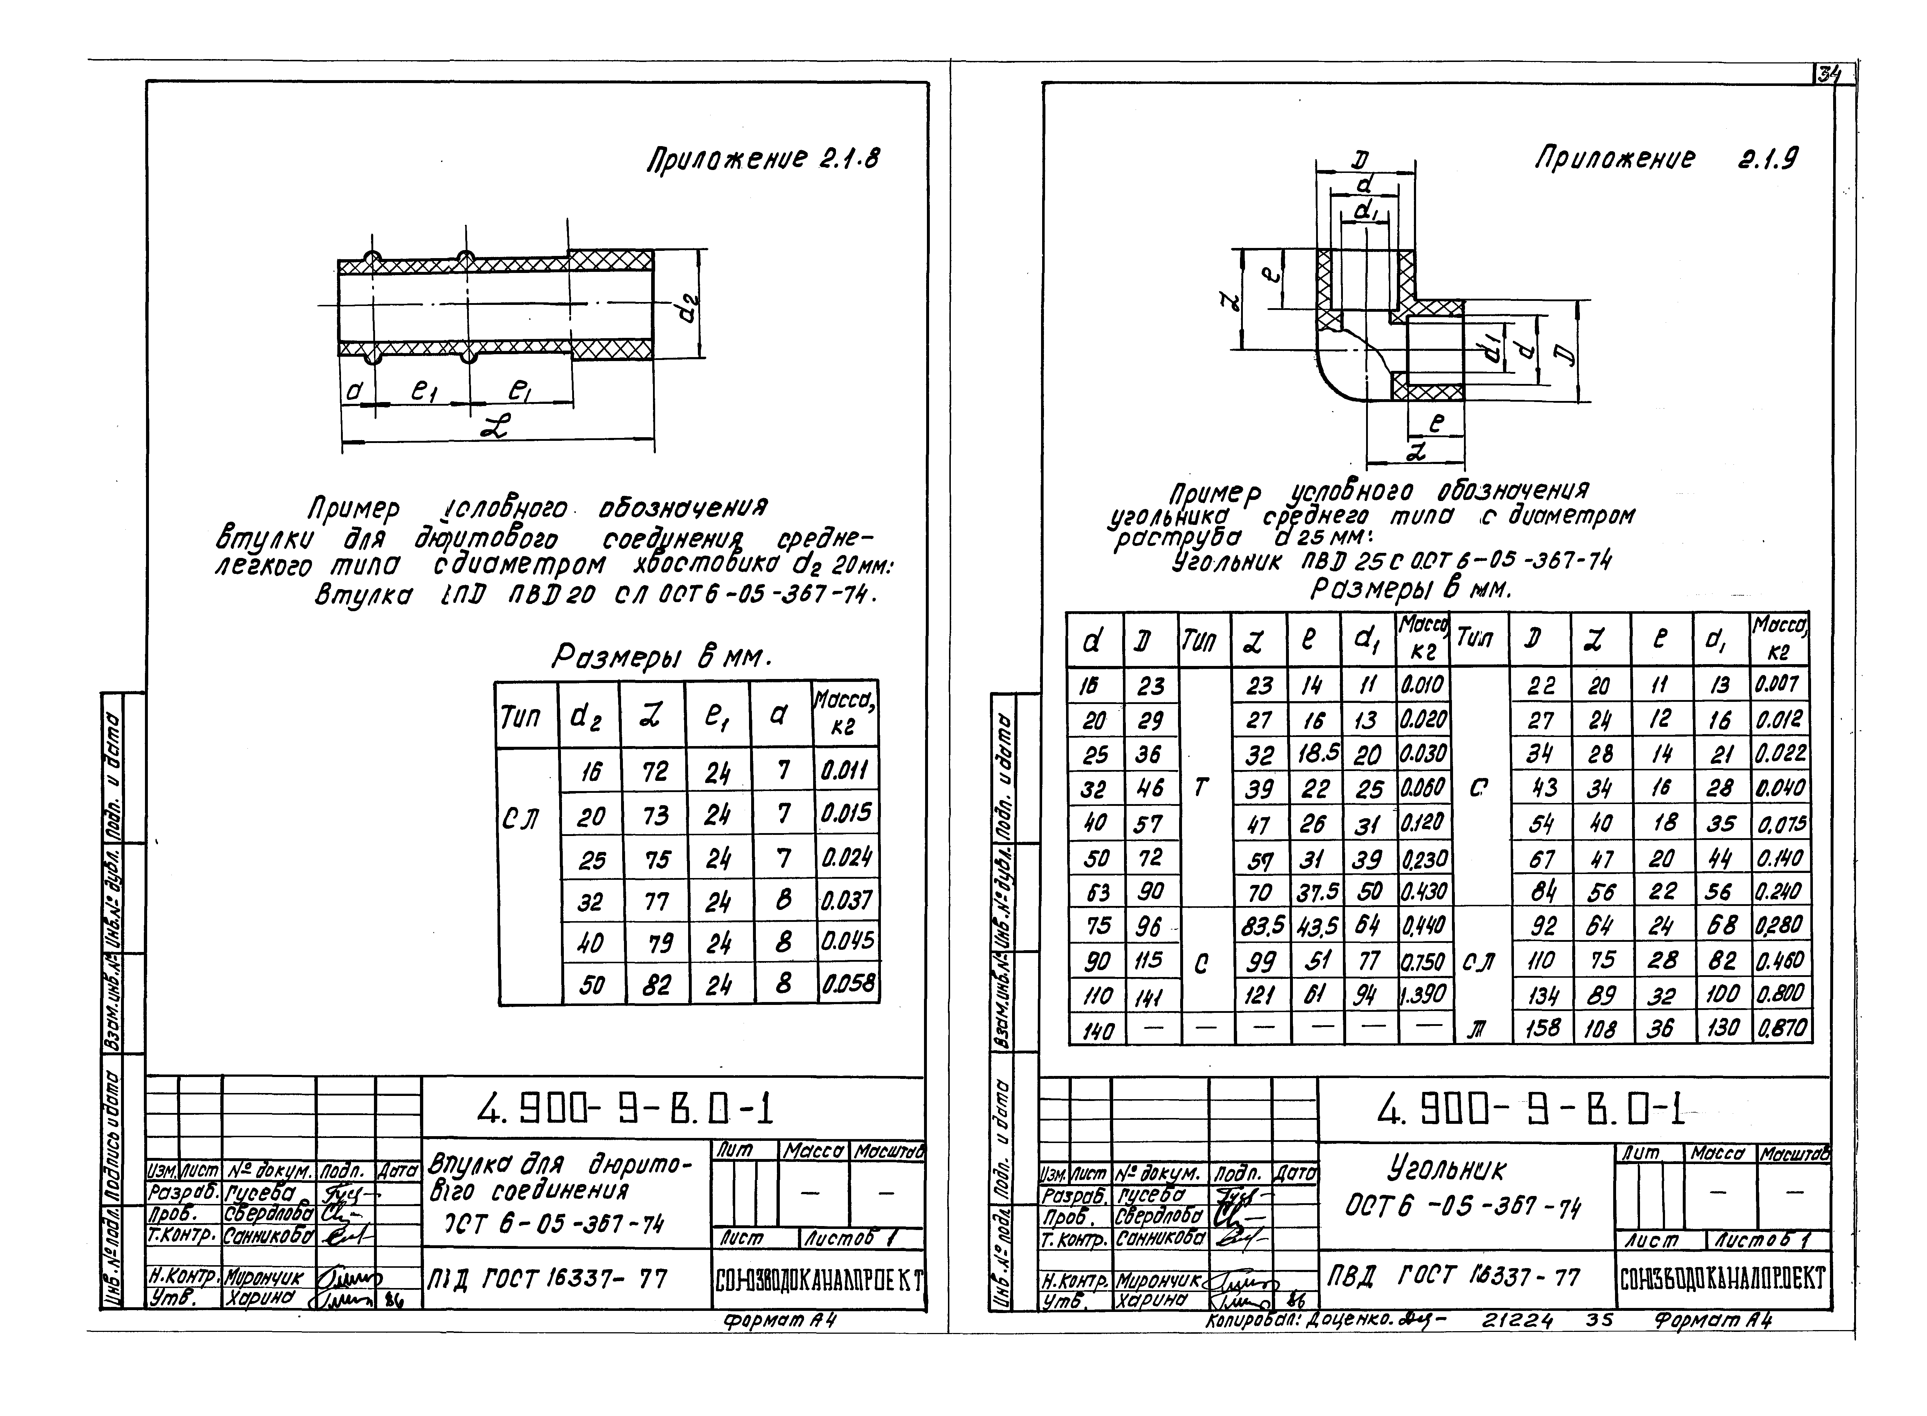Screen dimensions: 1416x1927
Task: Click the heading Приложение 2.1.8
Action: click(762, 160)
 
